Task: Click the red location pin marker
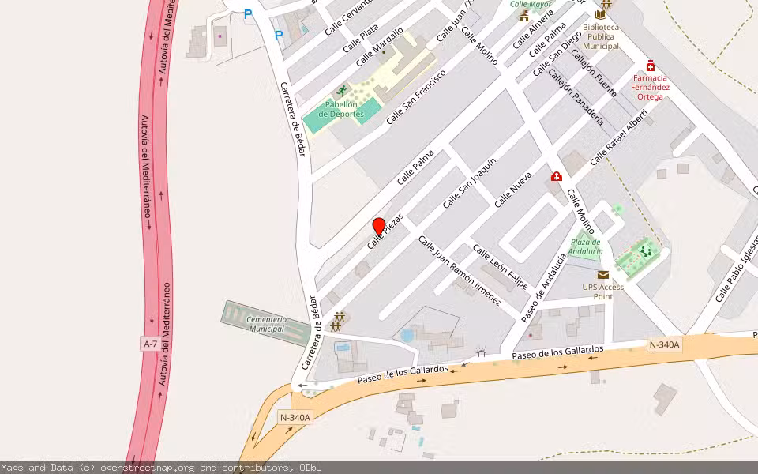[x=379, y=227]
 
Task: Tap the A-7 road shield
[x=150, y=344]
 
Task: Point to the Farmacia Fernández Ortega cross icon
[x=651, y=66]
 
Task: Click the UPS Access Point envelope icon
[x=603, y=274]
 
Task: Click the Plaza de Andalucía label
[x=586, y=246]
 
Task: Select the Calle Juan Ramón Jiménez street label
[x=460, y=270]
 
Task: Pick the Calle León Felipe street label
[x=500, y=266]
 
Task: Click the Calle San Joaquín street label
[x=470, y=182]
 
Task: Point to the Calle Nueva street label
[x=513, y=190]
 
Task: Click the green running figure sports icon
[x=341, y=91]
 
